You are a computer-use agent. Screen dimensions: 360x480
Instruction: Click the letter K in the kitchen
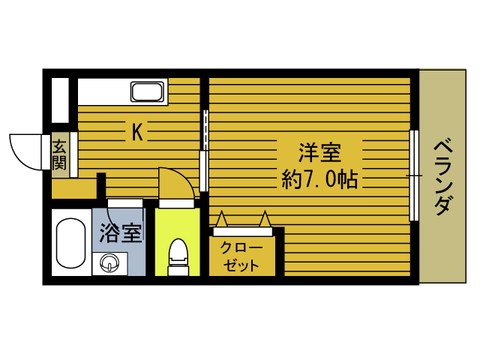137,133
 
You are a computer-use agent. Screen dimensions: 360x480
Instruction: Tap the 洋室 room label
320,153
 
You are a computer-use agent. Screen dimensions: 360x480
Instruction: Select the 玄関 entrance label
59,155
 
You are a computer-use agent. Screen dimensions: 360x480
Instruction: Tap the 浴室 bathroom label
120,233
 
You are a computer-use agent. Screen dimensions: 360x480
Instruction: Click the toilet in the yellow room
178,253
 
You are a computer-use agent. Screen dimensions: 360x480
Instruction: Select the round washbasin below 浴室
110,263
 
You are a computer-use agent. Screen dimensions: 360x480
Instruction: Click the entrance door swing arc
24,150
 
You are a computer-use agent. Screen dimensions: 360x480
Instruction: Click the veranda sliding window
413,175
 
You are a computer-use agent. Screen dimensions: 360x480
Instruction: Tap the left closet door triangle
222,219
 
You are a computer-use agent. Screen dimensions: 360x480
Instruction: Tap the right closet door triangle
265,219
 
